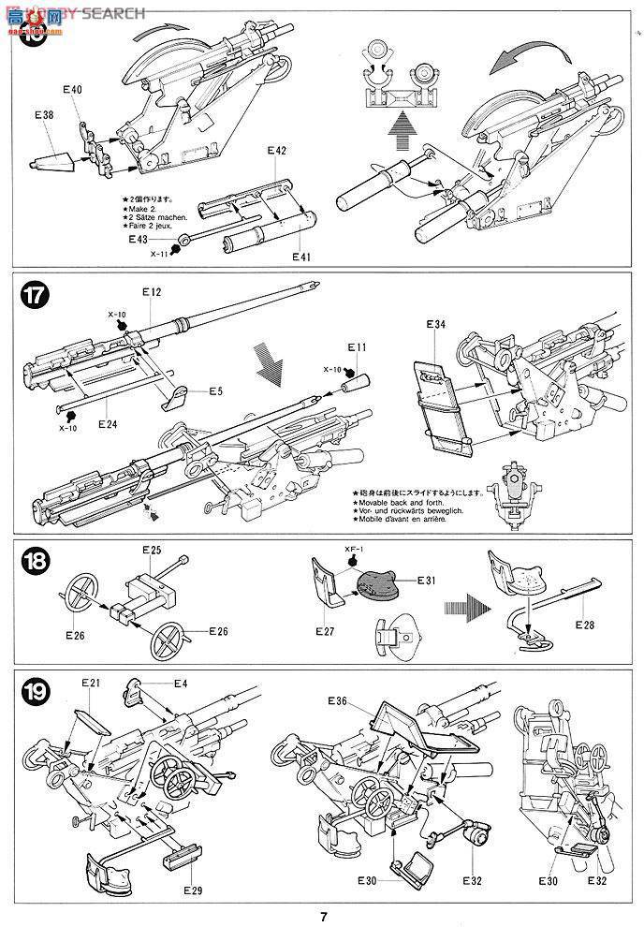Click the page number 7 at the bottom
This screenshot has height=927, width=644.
(x=322, y=916)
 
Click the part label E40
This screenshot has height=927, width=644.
(x=72, y=90)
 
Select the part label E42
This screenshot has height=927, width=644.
(x=275, y=151)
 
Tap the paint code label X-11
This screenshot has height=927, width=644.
(x=161, y=254)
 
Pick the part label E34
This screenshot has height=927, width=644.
(x=434, y=324)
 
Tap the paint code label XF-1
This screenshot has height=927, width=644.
(x=352, y=547)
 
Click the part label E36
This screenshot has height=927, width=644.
(x=338, y=700)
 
